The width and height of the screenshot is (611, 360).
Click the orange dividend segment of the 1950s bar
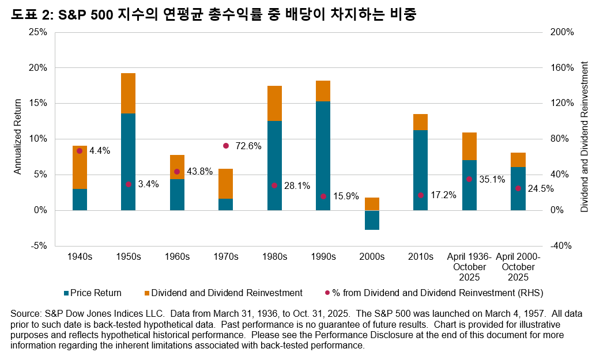pyautogui.click(x=128, y=93)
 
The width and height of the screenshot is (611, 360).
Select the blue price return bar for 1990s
pyautogui.click(x=323, y=156)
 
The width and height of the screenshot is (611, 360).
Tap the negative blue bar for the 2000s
pyautogui.click(x=372, y=220)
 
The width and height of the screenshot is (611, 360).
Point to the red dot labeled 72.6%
pyautogui.click(x=226, y=146)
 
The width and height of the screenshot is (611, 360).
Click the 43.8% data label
pyautogui.click(x=199, y=172)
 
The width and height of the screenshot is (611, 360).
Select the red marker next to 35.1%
pyautogui.click(x=469, y=179)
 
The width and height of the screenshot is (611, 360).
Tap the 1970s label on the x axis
pyautogui.click(x=226, y=257)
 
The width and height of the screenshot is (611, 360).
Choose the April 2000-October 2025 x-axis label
pyautogui.click(x=518, y=267)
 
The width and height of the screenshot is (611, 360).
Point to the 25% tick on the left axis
pyautogui.click(x=37, y=32)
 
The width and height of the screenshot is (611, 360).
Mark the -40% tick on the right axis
pyautogui.click(x=561, y=246)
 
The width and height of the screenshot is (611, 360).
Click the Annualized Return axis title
pyautogui.click(x=18, y=137)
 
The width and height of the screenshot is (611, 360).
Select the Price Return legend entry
pyautogui.click(x=96, y=293)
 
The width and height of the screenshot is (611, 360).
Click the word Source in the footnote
pyautogui.click(x=25, y=314)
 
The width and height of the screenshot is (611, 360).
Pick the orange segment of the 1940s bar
pyautogui.click(x=80, y=167)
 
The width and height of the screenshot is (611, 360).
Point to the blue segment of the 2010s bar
pyautogui.click(x=421, y=170)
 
